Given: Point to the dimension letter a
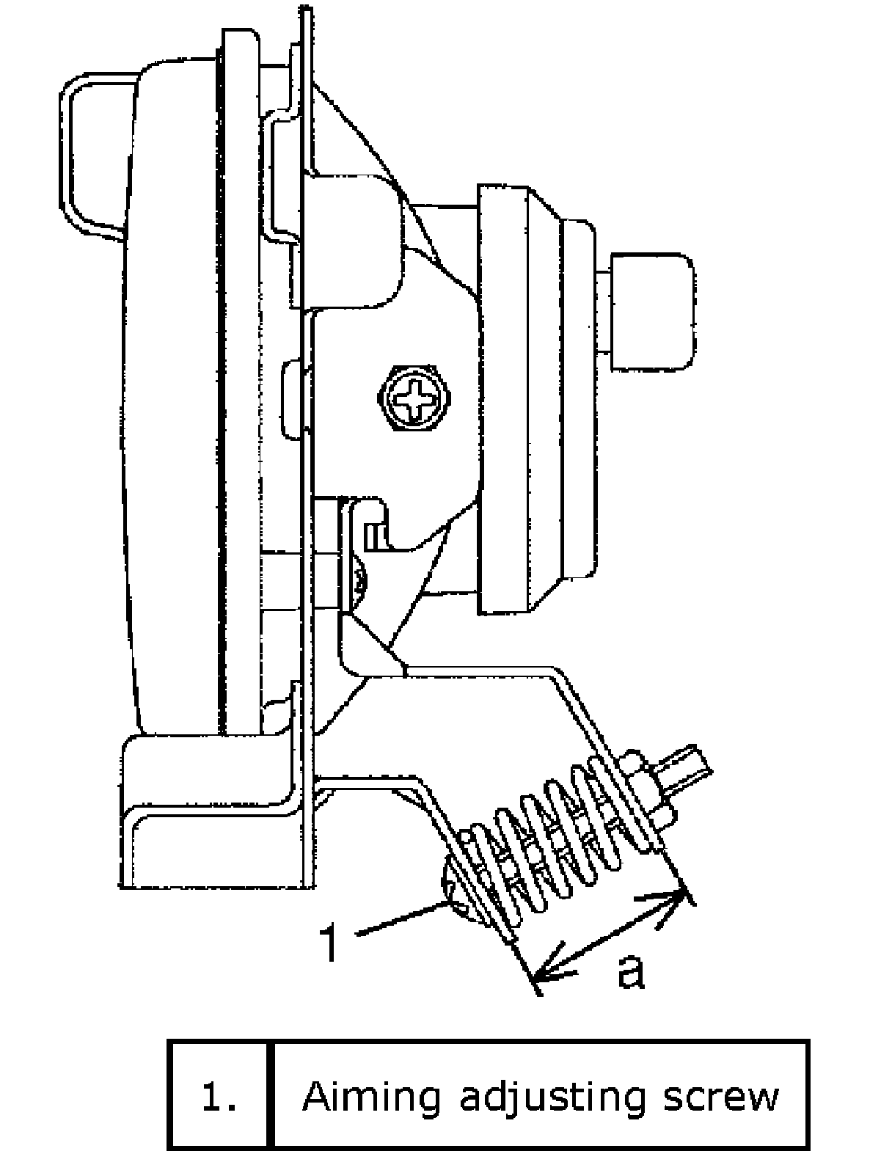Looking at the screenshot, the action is tap(631, 970).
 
